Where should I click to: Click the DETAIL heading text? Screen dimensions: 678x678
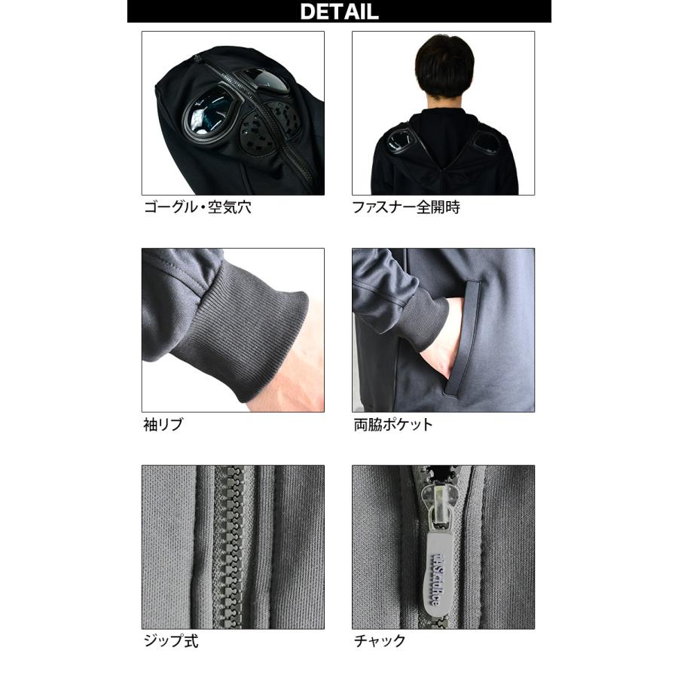coord(339,12)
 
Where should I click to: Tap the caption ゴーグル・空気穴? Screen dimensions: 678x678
coord(197,207)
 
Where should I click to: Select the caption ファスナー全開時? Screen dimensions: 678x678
coord(406,207)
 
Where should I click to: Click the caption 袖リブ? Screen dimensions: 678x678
coord(162,424)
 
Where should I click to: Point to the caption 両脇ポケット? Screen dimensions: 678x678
coord(393,424)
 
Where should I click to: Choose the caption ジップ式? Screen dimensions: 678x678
coord(171,641)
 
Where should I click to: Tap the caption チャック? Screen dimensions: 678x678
coord(380,641)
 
